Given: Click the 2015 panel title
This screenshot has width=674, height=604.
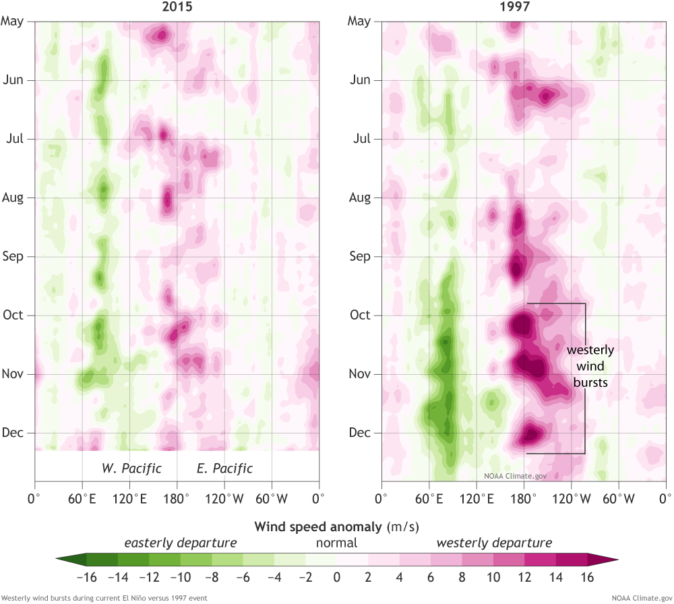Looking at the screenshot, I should [x=177, y=7].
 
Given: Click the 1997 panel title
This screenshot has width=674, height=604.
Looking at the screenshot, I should [x=524, y=7].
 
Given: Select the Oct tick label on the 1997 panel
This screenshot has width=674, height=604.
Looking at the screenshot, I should [x=361, y=315].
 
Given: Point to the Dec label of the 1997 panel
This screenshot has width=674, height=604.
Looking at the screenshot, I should [x=361, y=433].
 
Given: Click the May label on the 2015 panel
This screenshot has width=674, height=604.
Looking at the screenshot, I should [x=13, y=21].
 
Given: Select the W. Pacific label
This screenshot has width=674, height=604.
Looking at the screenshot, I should [x=131, y=469].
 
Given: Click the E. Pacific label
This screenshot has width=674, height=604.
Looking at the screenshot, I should [x=224, y=469].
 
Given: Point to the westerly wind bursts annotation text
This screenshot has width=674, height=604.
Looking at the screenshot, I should [x=590, y=366].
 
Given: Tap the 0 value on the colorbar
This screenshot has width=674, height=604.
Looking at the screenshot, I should [x=336, y=577].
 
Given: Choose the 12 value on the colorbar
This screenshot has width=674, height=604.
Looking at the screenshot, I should [x=525, y=577].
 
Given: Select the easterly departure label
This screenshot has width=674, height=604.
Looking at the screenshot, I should [x=180, y=543].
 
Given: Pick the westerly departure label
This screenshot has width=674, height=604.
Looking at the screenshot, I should [x=494, y=543].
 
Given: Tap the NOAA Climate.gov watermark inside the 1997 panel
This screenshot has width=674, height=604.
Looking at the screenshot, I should [x=515, y=475].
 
